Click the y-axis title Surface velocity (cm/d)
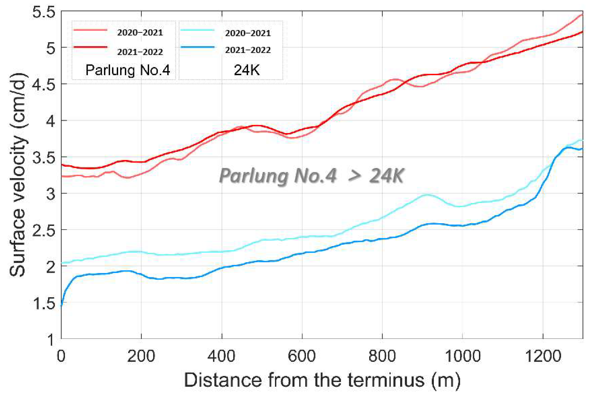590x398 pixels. tap(18, 175)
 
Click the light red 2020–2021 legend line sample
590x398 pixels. tap(90, 30)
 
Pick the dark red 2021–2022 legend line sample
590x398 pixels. tap(90, 47)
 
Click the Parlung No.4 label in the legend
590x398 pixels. tap(128, 70)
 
